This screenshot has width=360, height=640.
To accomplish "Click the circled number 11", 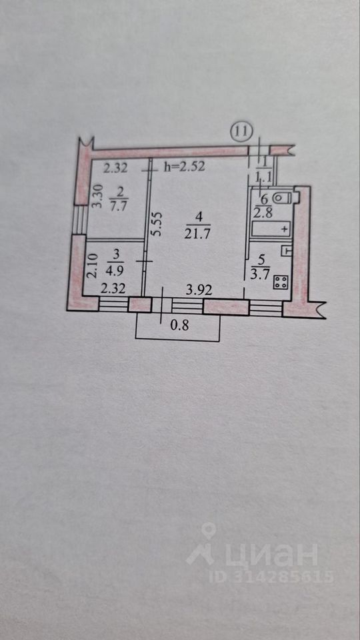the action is tap(242, 131).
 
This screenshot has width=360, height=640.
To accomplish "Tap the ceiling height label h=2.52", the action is tap(184, 166).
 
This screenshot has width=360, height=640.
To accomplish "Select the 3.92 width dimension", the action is tap(199, 290).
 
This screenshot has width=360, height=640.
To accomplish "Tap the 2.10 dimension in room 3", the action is tap(93, 266).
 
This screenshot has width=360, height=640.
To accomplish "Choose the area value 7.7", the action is tap(119, 206).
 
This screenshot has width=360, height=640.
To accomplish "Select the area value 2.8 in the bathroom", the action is tap(263, 213).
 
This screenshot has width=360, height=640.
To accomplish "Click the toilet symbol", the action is tap(282, 198).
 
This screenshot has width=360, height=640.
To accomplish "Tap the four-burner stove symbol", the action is tap(281, 283).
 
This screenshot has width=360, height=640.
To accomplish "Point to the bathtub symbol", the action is tap(271, 229).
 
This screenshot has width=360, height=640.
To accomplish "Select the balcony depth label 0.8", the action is tap(179, 325).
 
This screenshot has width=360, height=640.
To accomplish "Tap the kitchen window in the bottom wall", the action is tap(266, 307).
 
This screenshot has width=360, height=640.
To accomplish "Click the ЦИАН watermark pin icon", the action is tap(209, 531).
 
